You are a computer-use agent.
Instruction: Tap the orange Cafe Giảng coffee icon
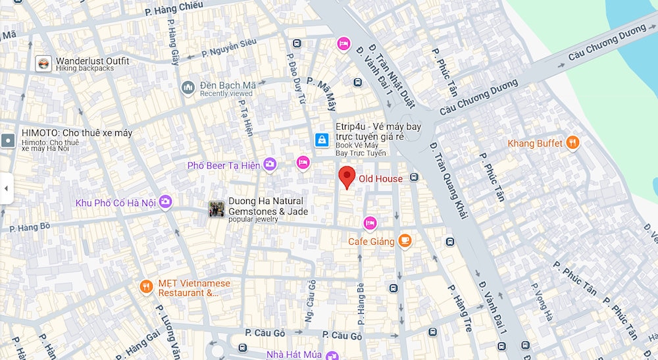coord(405,241)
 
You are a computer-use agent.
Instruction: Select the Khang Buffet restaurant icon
coord(573,143)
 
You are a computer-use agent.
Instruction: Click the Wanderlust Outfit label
coord(92,61)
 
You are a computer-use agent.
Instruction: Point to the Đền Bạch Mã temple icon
coord(188,88)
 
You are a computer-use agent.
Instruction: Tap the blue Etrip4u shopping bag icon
coord(322,140)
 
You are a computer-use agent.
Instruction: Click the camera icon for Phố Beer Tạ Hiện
coord(270,165)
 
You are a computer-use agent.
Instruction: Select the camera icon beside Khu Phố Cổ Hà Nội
coord(165,202)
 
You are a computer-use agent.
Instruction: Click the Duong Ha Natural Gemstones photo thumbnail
coord(216,209)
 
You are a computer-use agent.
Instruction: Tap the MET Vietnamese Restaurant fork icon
coord(146,286)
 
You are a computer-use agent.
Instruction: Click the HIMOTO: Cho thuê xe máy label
coord(76,133)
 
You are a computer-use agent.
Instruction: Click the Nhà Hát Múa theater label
coord(293,355)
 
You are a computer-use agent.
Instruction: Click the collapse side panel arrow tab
coord(6,188)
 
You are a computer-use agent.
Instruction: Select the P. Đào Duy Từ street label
coord(295,79)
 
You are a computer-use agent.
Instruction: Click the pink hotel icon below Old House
coord(370,224)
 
